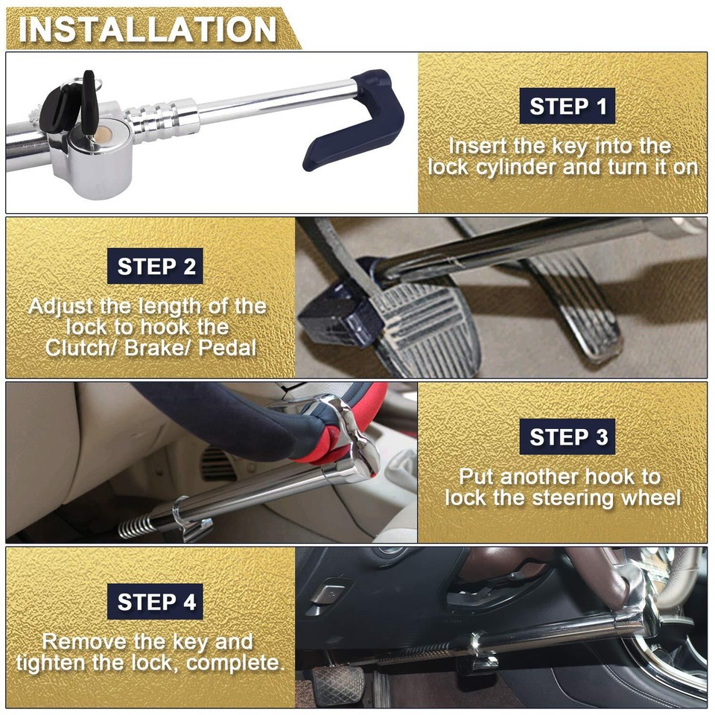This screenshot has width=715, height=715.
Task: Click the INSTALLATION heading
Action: [x=147, y=30]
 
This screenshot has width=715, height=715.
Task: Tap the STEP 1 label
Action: [x=568, y=107]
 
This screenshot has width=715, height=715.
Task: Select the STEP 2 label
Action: [x=156, y=267]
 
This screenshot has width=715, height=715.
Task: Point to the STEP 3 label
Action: [x=568, y=436]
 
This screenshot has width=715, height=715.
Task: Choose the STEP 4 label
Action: [x=156, y=602]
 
